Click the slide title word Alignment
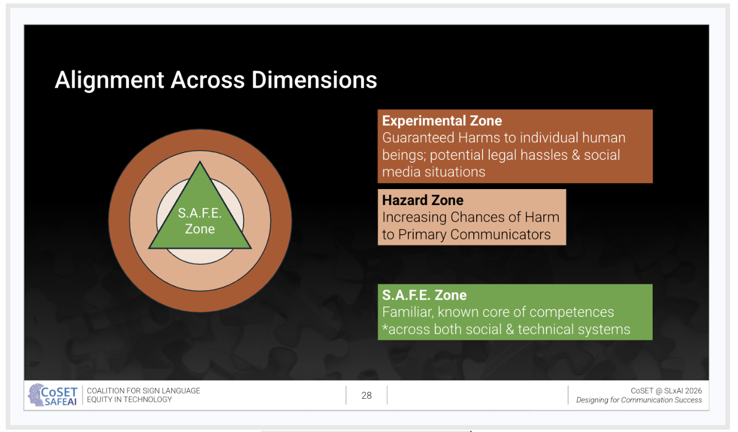[109, 80]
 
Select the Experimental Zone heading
[442, 121]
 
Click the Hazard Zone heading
[423, 201]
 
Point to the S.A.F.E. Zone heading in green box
[425, 296]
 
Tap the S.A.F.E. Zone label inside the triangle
[200, 221]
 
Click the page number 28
[367, 395]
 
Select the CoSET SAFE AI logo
[53, 395]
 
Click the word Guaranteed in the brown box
[418, 138]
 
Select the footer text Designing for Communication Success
[639, 400]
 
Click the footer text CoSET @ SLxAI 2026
[666, 391]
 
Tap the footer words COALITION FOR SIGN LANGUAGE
[143, 391]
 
